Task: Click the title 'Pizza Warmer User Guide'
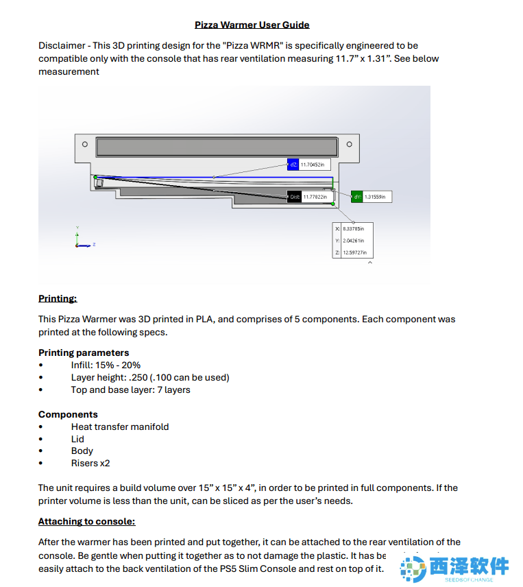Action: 252,25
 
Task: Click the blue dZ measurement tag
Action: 293,165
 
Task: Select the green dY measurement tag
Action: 357,197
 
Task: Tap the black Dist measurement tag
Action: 295,197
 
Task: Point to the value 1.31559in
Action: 374,197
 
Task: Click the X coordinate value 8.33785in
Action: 353,228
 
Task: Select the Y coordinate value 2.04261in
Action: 353,241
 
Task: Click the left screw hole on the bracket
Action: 84,144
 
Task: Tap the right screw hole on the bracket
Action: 349,144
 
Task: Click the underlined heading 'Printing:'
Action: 58,298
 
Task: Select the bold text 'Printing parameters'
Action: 84,352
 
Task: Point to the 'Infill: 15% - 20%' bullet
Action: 106,365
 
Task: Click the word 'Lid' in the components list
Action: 77,439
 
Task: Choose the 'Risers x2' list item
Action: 90,463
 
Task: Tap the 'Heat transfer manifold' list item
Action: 120,427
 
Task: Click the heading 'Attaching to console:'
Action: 86,521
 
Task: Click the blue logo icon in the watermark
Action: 413,568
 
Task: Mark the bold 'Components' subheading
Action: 68,414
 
